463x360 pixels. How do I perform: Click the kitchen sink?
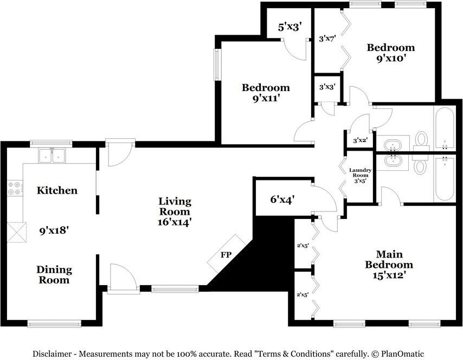(x=52, y=156)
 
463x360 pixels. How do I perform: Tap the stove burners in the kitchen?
(x=15, y=189)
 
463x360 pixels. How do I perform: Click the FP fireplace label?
(x=226, y=255)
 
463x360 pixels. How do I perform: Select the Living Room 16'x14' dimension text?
(x=175, y=222)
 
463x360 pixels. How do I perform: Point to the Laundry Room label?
(x=360, y=172)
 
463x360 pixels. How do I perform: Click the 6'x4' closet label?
(x=282, y=200)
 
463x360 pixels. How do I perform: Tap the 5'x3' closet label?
(x=291, y=27)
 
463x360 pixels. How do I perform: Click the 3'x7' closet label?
(x=327, y=38)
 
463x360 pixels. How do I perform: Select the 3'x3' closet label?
(x=327, y=87)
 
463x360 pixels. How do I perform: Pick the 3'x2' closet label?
(x=360, y=140)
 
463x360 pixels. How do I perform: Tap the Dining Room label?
(x=54, y=275)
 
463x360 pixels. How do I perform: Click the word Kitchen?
(x=57, y=190)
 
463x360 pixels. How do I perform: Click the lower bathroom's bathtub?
(x=445, y=179)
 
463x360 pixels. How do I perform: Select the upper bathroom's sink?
(x=393, y=145)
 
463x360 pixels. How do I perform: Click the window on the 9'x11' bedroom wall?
(x=217, y=65)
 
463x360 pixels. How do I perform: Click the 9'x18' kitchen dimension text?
(x=54, y=230)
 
